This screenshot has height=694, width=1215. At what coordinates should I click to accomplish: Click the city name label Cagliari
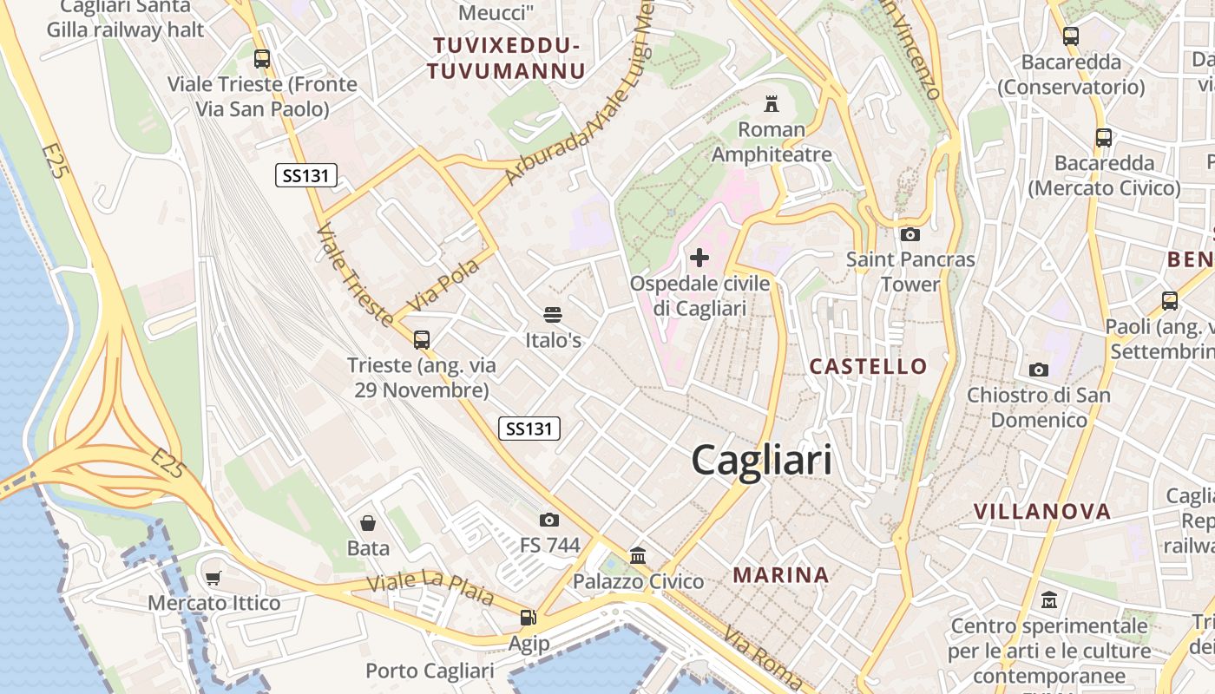pyautogui.click(x=761, y=460)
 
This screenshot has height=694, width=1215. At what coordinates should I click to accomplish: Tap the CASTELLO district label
pyautogui.click(x=868, y=366)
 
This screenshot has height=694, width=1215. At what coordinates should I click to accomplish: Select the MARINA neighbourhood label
pyautogui.click(x=780, y=574)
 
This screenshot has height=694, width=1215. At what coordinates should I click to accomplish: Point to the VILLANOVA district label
pyautogui.click(x=1041, y=511)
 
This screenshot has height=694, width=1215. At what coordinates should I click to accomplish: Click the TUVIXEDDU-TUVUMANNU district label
pyautogui.click(x=507, y=58)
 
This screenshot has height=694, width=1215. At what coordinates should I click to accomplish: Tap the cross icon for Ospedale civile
pyautogui.click(x=699, y=258)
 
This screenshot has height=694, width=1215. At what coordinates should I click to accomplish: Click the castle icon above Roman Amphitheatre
pyautogui.click(x=771, y=104)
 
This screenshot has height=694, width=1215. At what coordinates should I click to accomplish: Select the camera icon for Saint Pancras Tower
pyautogui.click(x=910, y=234)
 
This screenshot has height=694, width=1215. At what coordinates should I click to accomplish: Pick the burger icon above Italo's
pyautogui.click(x=553, y=315)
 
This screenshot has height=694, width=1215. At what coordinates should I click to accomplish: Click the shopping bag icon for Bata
pyautogui.click(x=368, y=523)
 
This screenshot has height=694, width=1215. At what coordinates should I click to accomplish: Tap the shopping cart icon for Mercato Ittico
pyautogui.click(x=213, y=578)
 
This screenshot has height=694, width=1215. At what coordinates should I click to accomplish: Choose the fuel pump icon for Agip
pyautogui.click(x=528, y=618)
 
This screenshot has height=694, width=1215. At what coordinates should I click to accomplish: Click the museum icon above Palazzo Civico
pyautogui.click(x=638, y=555)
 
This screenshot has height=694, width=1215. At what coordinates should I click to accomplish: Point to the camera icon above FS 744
pyautogui.click(x=549, y=520)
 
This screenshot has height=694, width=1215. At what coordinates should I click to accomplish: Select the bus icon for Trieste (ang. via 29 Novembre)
pyautogui.click(x=422, y=340)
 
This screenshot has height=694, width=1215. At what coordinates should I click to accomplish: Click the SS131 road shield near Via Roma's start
pyautogui.click(x=529, y=428)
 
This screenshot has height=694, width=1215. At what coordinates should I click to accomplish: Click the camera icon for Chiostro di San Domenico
pyautogui.click(x=1038, y=370)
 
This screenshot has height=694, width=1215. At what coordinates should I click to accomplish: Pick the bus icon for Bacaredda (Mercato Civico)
pyautogui.click(x=1104, y=137)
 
